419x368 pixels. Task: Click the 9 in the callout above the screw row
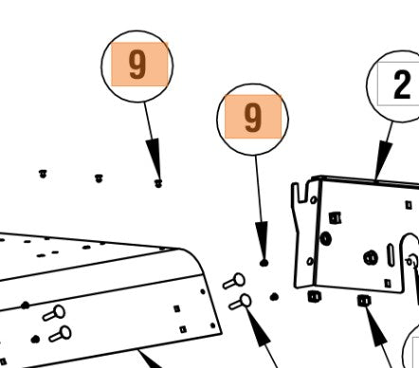137,64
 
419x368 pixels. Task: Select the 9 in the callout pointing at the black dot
253,118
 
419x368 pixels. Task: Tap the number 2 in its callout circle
402,84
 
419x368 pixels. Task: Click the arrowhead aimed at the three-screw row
155,159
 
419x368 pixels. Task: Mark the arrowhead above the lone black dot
263,241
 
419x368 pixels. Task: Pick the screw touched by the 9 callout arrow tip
158,183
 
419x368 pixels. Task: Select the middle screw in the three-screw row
99,178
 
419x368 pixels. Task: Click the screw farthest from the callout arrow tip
43,174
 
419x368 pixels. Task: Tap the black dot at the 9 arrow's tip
264,263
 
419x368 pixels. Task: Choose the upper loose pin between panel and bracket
234,281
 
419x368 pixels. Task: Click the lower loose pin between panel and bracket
240,302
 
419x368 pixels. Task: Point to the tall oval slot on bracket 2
391,255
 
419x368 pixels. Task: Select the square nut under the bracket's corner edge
314,296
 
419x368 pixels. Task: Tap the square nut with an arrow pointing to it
364,301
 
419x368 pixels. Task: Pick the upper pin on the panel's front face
54,313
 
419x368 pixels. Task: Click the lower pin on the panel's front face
60,334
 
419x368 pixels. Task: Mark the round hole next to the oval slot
371,258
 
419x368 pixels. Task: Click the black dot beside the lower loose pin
274,297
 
